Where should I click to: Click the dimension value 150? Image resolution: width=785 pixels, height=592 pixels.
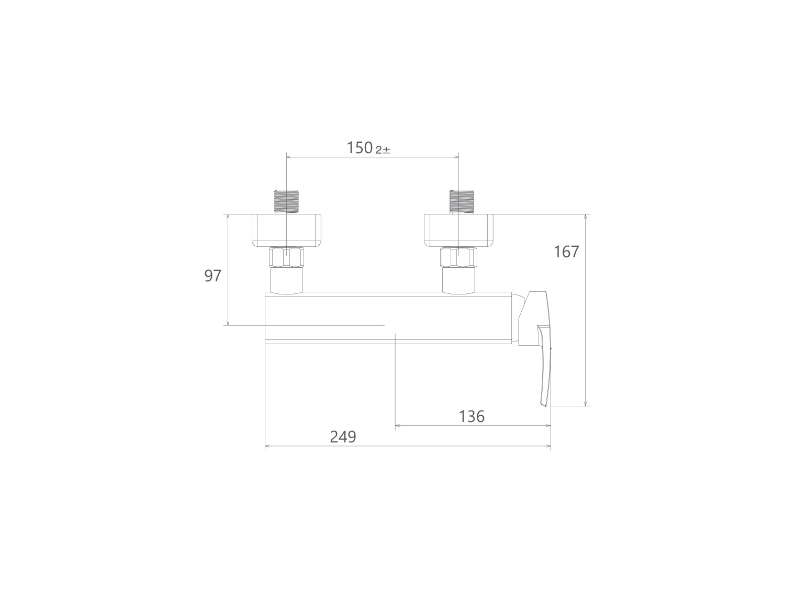point(360,148)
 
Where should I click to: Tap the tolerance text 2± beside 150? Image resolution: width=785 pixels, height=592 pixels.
point(383,150)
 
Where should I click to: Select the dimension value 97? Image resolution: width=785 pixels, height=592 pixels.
point(213,276)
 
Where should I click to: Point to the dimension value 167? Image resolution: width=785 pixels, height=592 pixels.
point(566,252)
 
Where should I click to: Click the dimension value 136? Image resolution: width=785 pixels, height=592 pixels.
point(472,417)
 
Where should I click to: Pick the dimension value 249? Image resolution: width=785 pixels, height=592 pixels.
point(343,437)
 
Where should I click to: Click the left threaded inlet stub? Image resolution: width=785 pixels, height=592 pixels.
point(286,202)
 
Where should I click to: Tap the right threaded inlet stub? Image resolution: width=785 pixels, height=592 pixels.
point(462,202)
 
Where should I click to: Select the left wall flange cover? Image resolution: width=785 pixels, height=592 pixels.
point(286,231)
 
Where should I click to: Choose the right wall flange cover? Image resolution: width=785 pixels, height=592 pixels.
point(458,231)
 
